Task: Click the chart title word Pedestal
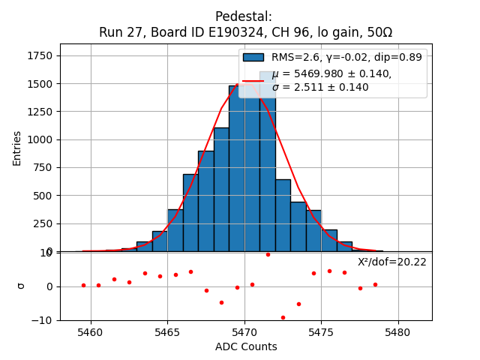pos(243,16)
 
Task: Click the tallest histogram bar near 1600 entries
pos(268,161)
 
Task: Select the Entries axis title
pos(17,148)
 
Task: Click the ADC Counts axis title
pos(246,346)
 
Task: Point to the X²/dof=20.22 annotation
pos(391,262)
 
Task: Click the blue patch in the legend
pos(253,57)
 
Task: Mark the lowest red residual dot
pos(283,317)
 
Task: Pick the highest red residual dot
pos(268,254)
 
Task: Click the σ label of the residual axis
pos(21,286)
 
